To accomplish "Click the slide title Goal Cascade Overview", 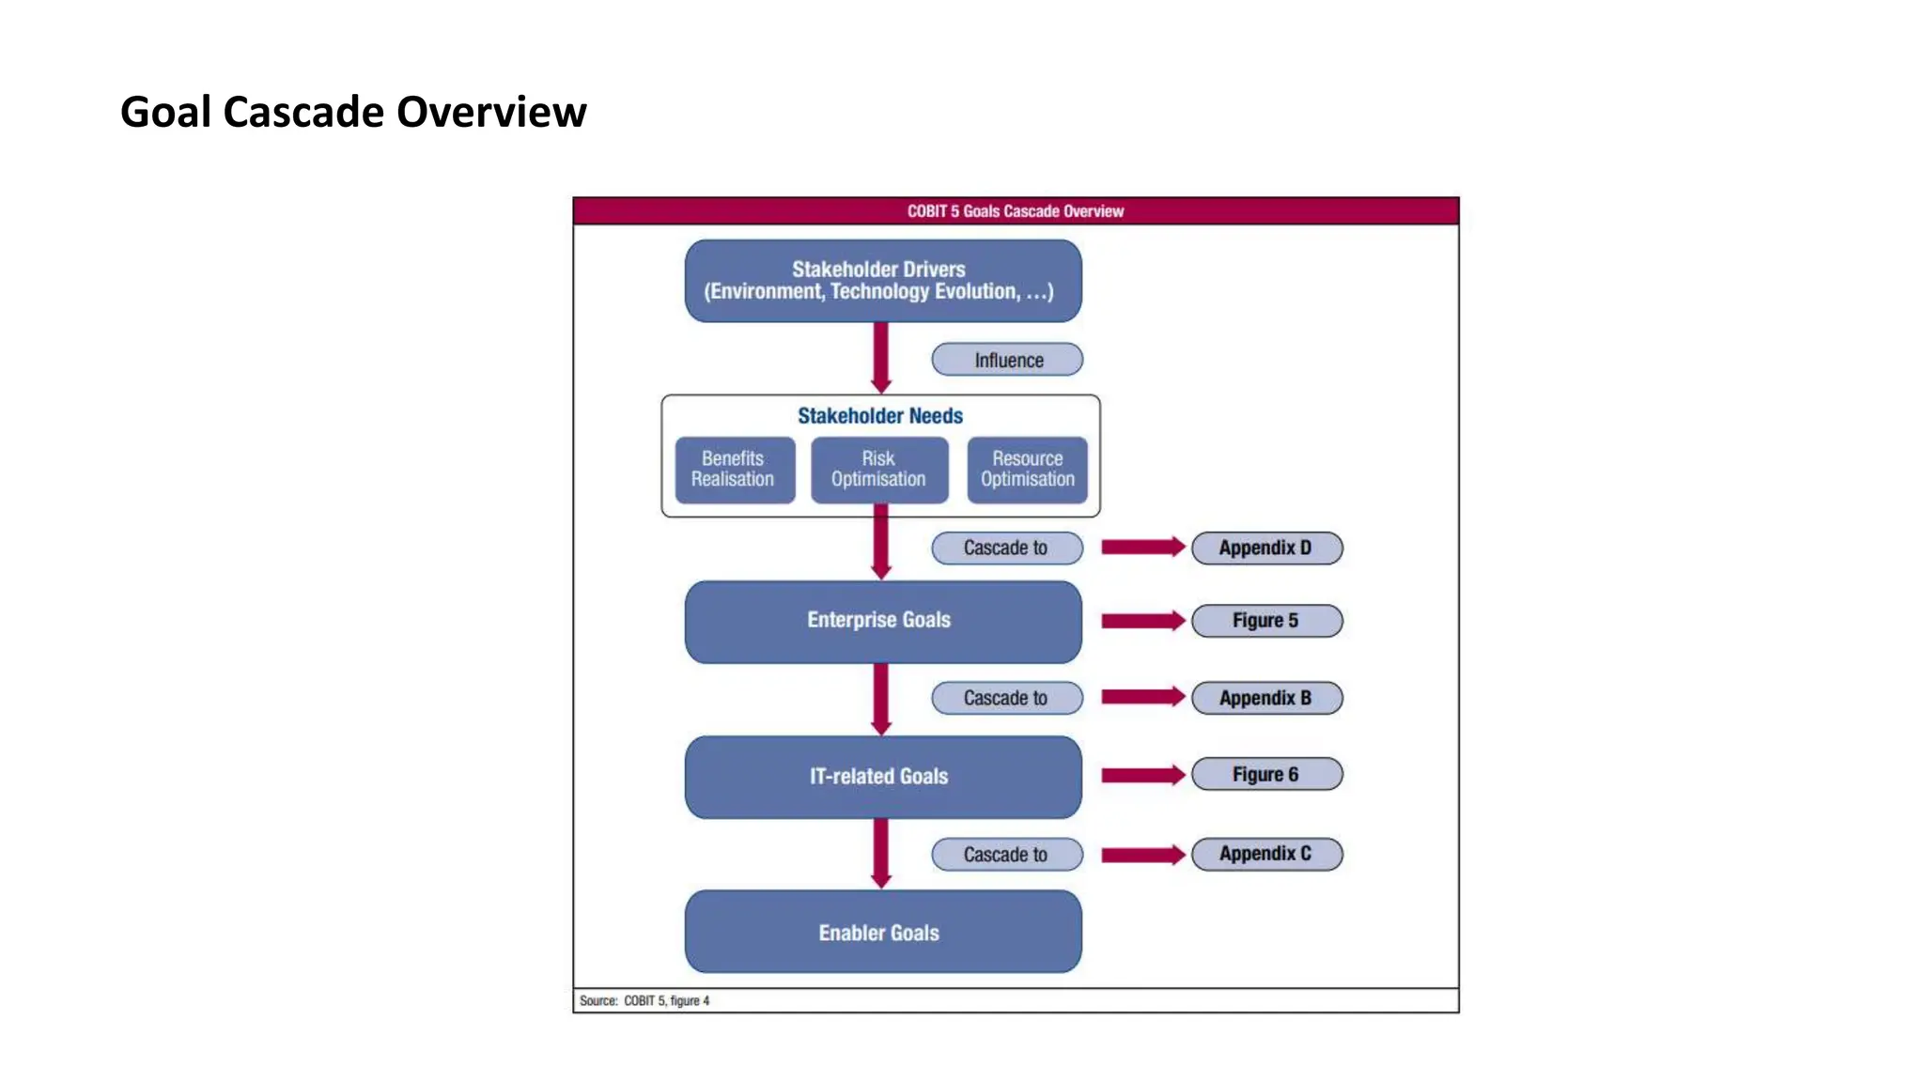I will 353,112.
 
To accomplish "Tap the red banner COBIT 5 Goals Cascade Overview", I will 1015,211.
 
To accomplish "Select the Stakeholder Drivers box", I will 882,281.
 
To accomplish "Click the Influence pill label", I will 1007,360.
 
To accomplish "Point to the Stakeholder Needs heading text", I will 880,416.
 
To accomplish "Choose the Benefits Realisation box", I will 734,470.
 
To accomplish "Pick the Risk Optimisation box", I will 878,470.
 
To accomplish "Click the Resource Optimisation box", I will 1027,470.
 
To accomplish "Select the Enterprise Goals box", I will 882,621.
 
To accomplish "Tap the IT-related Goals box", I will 882,777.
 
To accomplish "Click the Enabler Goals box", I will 882,932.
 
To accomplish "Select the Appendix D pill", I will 1265,548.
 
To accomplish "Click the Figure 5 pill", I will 1265,621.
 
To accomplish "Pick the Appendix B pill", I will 1265,698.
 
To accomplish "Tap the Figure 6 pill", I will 1265,775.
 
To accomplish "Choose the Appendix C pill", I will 1265,854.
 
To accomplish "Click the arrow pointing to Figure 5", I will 1141,621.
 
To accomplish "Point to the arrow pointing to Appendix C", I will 1141,855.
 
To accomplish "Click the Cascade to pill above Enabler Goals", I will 1006,855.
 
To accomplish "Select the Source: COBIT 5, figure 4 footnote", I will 644,1001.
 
